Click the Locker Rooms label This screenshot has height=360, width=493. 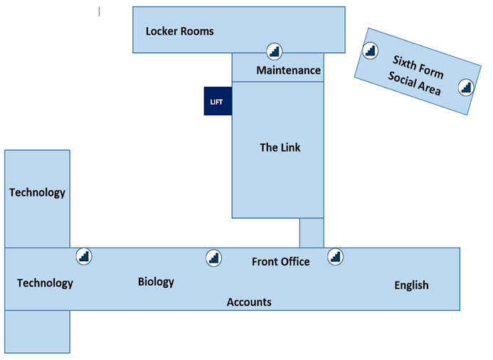coord(179,31)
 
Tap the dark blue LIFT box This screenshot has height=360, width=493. coord(218,101)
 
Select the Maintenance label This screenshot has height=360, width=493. coord(288,70)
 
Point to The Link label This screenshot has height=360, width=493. coord(280,147)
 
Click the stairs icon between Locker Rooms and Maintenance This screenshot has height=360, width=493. coord(275,51)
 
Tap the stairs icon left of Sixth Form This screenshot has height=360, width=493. coord(369,51)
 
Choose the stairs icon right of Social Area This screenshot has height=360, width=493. coord(465,87)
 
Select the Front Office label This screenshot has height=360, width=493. coord(280,262)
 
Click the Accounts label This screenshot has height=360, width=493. coord(249,302)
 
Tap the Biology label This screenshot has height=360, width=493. coord(156,282)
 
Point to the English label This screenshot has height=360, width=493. coord(411,285)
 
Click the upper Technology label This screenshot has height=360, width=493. coord(37,192)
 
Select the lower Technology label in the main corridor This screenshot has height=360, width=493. coord(45,283)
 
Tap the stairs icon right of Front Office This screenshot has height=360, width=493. coord(335,256)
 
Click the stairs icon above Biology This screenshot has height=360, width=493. coord(213,258)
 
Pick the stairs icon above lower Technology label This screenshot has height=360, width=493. coord(84,256)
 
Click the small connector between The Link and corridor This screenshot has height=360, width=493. coord(312,233)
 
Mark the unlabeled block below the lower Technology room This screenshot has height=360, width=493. coord(37,332)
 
